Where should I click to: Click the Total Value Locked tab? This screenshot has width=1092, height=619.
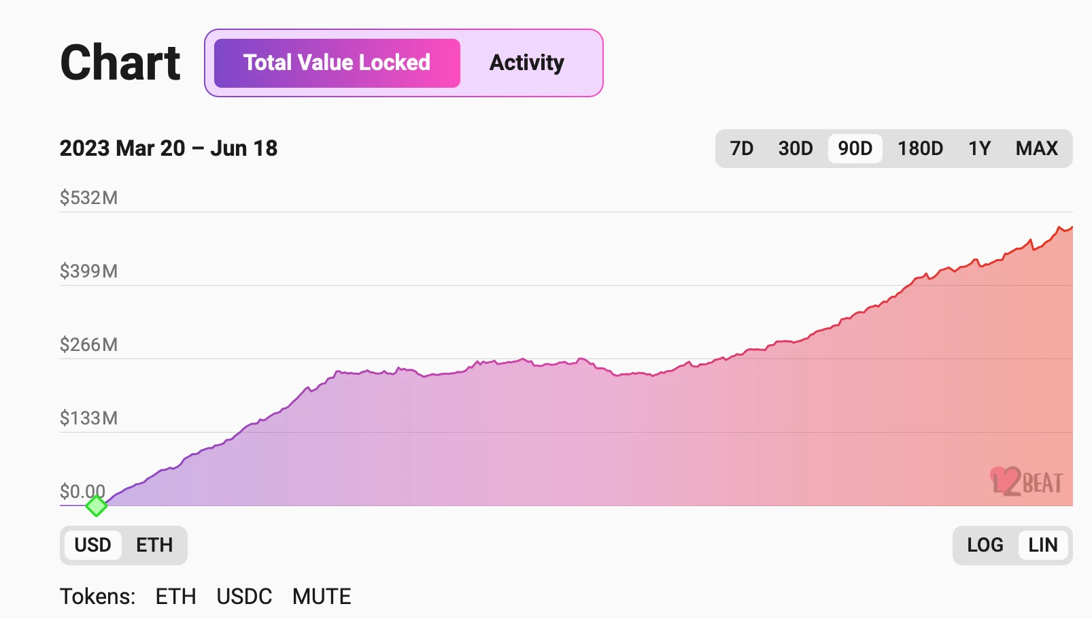pos(337,63)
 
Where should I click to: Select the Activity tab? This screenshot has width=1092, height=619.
pos(527,63)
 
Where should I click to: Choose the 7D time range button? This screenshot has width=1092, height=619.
pos(741,148)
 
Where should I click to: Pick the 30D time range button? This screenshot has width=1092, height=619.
pos(796,148)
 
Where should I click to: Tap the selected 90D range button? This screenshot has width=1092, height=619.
pos(855,148)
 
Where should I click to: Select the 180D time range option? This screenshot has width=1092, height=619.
pos(920,148)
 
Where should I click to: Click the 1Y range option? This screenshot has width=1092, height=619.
pos(979,148)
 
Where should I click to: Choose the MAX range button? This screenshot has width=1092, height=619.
pos(1036,148)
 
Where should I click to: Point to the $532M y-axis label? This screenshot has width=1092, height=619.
pos(88,198)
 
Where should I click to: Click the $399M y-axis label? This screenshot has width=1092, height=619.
pos(88,271)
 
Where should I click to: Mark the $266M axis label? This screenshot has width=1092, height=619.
pos(88,345)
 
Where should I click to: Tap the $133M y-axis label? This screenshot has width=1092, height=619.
pos(88,418)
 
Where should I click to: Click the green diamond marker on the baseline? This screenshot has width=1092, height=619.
pos(97,505)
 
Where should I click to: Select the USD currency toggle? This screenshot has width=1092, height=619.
pos(92,545)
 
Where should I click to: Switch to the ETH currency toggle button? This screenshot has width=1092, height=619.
pos(154,545)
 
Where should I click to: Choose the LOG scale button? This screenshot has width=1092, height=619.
pos(985,545)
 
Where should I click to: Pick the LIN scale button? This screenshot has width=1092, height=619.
pos(1042,545)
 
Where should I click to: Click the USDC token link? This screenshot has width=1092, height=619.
pos(244,597)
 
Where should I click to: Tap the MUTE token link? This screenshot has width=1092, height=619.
pos(322,597)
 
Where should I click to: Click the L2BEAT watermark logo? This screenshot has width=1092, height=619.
pos(1027,482)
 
